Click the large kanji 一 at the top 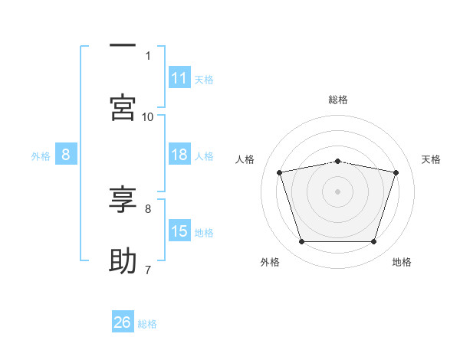[x=123, y=45]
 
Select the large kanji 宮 [x=123, y=107]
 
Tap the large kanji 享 [x=123, y=199]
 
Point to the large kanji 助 [x=123, y=260]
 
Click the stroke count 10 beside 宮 [x=147, y=117]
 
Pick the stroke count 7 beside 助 [x=148, y=270]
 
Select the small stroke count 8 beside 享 [x=148, y=209]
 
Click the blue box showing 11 [x=179, y=77]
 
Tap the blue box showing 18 [x=179, y=154]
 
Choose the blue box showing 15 [x=179, y=230]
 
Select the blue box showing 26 [x=123, y=321]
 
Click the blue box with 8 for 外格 [x=66, y=154]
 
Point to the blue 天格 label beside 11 [x=204, y=80]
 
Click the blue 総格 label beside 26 [x=147, y=324]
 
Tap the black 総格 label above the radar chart [x=338, y=100]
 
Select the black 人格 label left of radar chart [x=245, y=159]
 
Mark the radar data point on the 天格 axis [x=396, y=172]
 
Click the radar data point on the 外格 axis [x=302, y=241]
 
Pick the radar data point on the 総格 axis [x=337, y=162]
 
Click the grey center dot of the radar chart [x=337, y=191]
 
